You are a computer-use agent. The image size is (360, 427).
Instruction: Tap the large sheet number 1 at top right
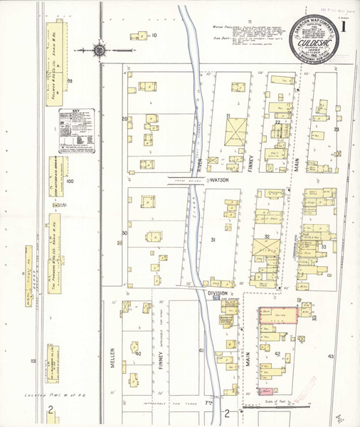345,26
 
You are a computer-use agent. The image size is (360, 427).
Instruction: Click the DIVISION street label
217,292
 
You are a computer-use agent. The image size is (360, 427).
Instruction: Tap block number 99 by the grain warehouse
70,81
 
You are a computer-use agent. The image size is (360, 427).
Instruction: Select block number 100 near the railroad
70,181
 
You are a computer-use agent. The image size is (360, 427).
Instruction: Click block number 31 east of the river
213,241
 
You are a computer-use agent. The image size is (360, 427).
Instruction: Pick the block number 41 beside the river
201,350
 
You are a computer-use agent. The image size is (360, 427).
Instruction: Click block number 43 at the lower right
330,355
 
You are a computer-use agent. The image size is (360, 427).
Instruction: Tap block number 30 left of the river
125,233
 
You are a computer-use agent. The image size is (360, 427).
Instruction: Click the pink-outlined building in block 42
277,314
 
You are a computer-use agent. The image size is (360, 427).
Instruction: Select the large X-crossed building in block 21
235,131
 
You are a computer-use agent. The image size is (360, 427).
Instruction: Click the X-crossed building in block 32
267,249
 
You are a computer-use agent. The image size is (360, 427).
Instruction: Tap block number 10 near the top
153,35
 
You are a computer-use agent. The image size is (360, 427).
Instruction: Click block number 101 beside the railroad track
33,361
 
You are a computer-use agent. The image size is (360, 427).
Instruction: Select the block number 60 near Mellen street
138,353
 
